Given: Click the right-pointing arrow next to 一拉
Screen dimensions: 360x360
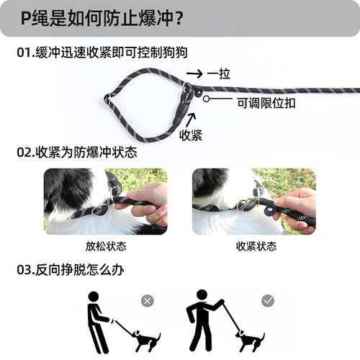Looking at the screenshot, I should pos(193,73).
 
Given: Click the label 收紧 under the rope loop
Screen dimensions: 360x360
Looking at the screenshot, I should pos(191,134).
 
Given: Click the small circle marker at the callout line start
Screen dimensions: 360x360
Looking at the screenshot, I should pos(207,96).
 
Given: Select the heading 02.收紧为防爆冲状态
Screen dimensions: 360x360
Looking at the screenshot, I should pos(76,153).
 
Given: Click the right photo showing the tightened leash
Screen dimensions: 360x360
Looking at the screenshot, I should pos(253,201).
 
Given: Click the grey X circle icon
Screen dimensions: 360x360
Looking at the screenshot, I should pos(147,300).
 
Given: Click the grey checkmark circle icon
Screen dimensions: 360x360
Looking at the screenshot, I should pos(267,300).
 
